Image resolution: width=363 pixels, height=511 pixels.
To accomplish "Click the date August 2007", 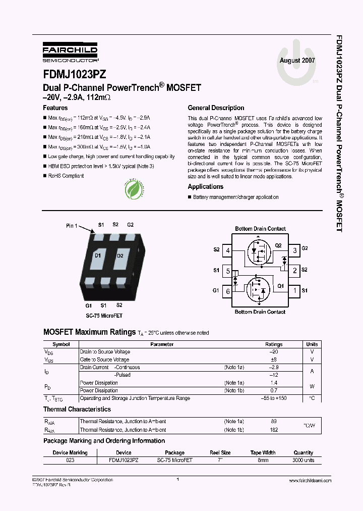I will click(x=297, y=60).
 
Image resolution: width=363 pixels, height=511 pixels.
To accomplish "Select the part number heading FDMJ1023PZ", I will click(x=74, y=74).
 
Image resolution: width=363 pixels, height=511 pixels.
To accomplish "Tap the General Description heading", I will click(x=216, y=108).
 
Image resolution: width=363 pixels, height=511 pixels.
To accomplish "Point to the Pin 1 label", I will click(x=72, y=226).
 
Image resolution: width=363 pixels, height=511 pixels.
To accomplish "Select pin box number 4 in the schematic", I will click(x=228, y=250).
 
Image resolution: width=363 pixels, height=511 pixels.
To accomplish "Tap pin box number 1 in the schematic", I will click(x=294, y=290).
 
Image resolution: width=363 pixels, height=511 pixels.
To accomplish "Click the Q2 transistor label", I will click(x=278, y=245).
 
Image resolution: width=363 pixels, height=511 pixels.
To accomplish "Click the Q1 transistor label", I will click(x=280, y=286).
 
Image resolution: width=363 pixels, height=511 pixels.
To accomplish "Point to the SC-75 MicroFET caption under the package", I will click(x=104, y=316).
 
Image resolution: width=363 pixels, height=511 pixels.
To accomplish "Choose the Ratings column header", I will click(x=274, y=344).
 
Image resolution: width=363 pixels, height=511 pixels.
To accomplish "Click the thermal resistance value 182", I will click(x=274, y=430).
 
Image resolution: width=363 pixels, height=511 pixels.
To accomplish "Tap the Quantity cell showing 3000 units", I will click(x=304, y=461).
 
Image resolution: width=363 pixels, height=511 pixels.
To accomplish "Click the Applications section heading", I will click(x=205, y=187).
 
